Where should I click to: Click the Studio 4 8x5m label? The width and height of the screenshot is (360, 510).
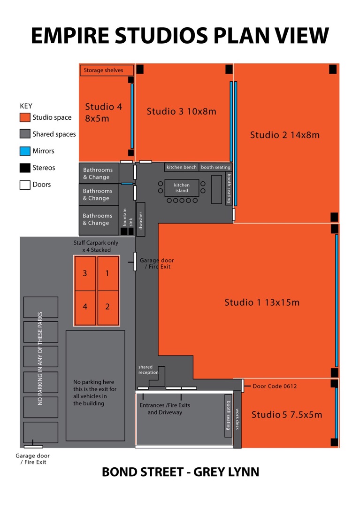point(103,113)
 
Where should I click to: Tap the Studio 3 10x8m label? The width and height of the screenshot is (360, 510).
point(182,112)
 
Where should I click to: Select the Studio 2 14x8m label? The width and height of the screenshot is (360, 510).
point(285,135)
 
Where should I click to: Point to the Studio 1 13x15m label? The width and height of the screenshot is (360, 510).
point(262,302)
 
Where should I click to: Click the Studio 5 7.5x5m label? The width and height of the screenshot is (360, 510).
point(287,415)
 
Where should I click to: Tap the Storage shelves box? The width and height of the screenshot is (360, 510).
point(107,70)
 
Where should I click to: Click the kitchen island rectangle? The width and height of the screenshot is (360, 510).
point(182,188)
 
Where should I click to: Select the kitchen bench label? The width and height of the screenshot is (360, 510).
point(182,167)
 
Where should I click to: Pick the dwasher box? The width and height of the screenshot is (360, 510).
point(140,219)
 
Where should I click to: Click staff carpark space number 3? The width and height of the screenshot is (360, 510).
point(85,273)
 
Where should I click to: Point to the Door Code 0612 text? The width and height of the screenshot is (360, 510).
point(275,386)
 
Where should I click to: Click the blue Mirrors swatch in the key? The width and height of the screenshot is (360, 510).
point(25,151)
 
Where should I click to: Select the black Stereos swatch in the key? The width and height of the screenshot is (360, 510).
point(25,168)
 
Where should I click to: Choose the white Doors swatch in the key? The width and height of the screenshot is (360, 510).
point(25,185)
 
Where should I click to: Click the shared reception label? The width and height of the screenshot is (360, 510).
point(148,370)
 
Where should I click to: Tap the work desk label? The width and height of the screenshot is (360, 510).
point(237,419)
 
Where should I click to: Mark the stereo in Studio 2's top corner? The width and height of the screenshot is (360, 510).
point(333,70)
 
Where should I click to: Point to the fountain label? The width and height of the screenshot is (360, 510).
point(124,217)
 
